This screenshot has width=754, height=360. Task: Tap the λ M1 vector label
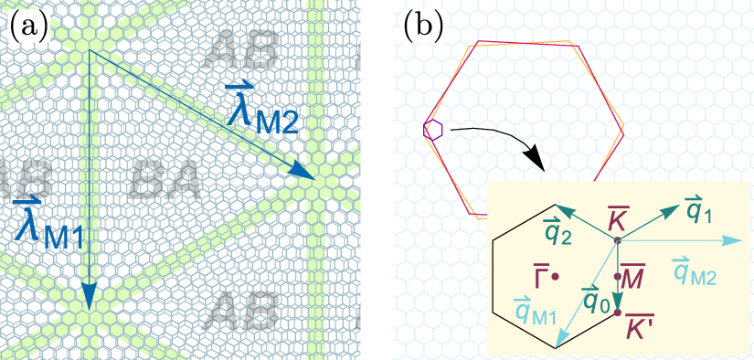(47, 223)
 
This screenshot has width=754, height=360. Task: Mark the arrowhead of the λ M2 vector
(301, 174)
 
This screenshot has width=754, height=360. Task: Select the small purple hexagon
(433, 130)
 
